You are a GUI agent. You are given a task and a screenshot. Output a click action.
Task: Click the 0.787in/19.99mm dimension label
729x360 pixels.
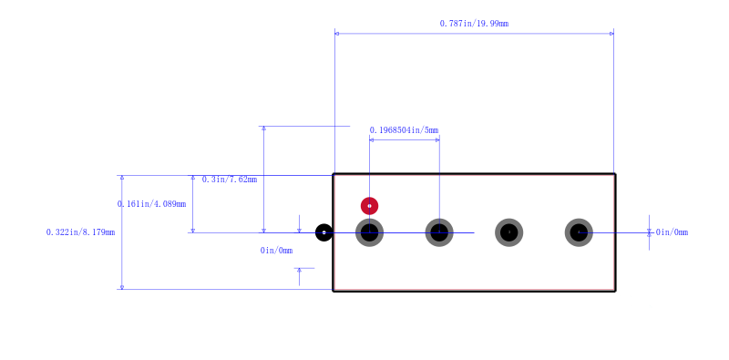click(x=474, y=24)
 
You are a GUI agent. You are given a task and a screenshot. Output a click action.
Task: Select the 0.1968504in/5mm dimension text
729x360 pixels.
click(x=404, y=130)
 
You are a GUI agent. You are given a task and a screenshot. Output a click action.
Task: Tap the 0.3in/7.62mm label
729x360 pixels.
click(x=230, y=180)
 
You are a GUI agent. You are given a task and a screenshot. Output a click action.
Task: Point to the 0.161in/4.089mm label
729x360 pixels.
click(x=151, y=204)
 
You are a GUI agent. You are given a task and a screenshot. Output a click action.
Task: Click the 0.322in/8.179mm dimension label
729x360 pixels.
click(x=80, y=232)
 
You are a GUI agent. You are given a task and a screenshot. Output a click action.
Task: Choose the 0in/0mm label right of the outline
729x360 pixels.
click(x=672, y=232)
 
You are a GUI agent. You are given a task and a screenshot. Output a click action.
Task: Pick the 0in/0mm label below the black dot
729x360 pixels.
click(x=277, y=251)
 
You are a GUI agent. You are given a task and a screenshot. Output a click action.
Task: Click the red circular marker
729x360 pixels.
click(x=370, y=206)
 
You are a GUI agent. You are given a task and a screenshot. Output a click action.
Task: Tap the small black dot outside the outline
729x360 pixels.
click(x=324, y=232)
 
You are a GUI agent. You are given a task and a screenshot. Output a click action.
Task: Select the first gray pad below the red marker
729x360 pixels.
click(x=370, y=232)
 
